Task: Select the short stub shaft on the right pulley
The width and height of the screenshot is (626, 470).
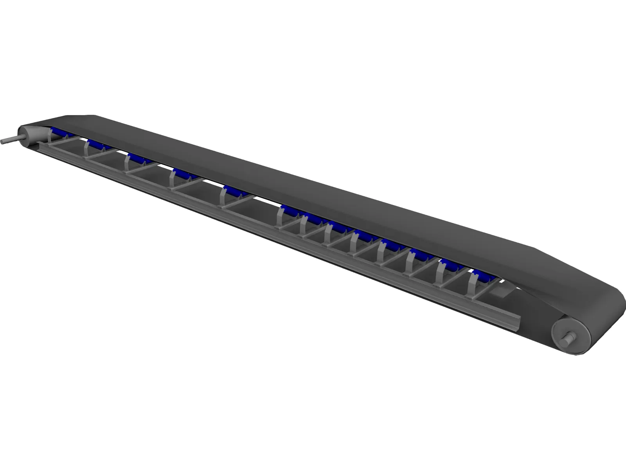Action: tap(567, 336)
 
